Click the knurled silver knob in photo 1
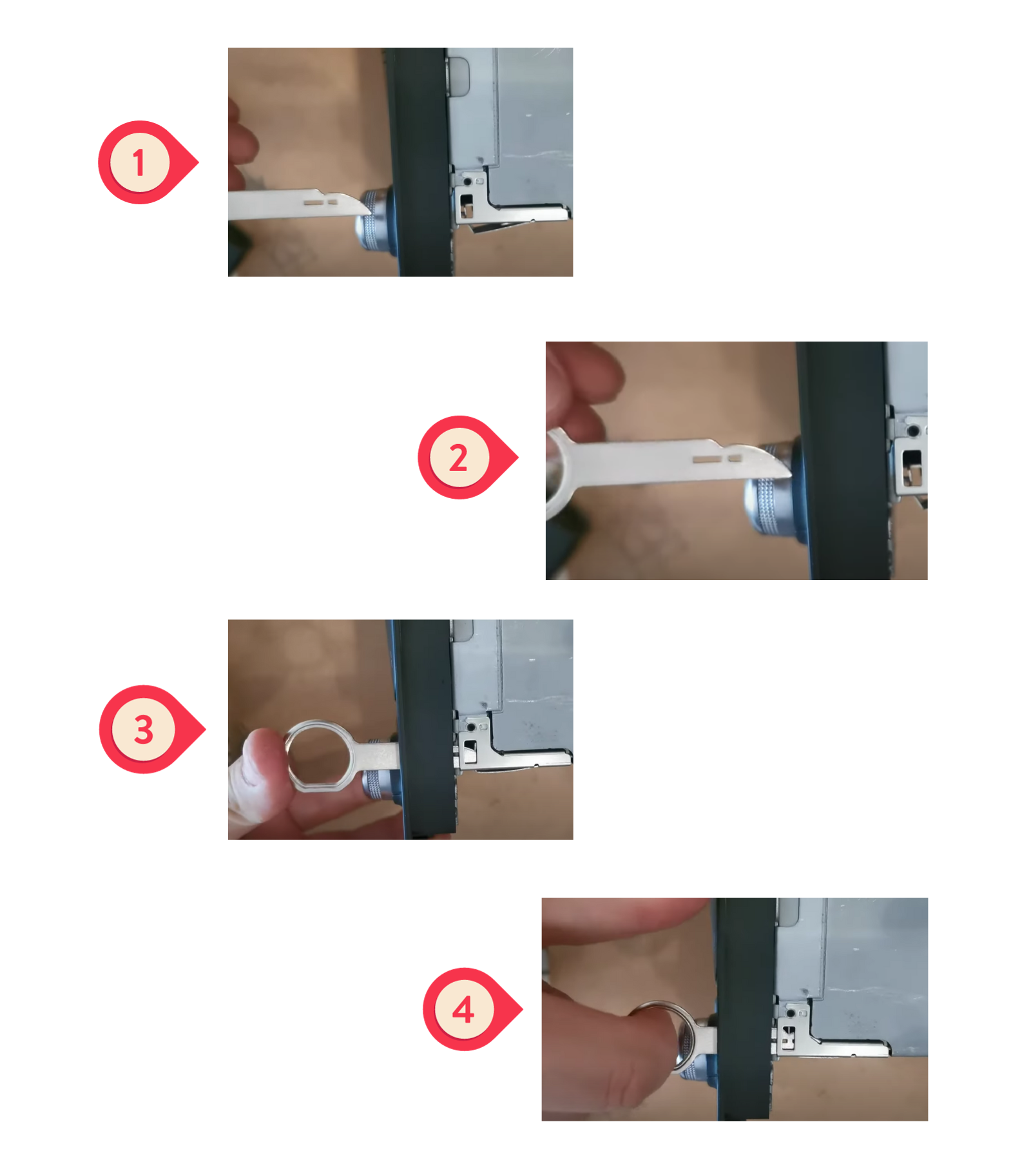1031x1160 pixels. tap(372, 220)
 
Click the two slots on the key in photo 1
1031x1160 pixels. tap(320, 202)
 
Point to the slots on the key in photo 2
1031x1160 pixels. tap(717, 459)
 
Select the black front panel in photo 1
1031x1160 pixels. tap(421, 162)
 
